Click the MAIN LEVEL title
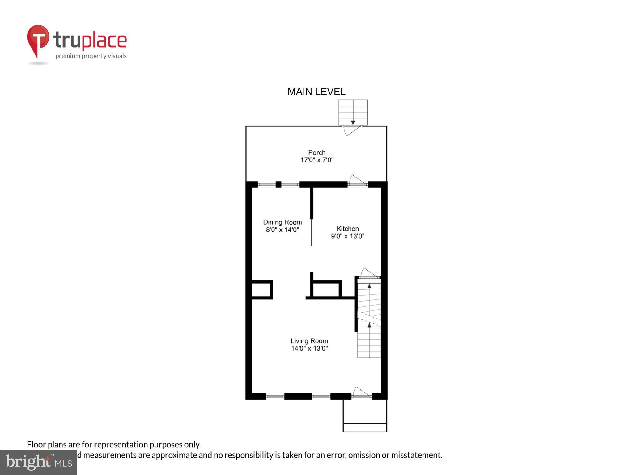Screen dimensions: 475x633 [316, 92]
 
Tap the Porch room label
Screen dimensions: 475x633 [317, 152]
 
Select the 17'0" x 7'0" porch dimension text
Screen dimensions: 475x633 [317, 160]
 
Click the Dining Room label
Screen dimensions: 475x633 [282, 222]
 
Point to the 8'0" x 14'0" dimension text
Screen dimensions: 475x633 [283, 230]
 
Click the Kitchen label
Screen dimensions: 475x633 [348, 229]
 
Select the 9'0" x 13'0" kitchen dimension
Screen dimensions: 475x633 [348, 236]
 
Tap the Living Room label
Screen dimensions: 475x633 [309, 341]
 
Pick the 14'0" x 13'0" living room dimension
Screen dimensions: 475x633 [309, 349]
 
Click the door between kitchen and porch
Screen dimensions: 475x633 [357, 181]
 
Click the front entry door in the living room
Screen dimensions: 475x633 [361, 393]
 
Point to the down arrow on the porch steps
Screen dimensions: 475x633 [353, 122]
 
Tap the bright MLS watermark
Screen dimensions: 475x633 [39, 462]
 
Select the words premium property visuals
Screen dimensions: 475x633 [91, 56]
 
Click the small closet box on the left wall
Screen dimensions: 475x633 [261, 290]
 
